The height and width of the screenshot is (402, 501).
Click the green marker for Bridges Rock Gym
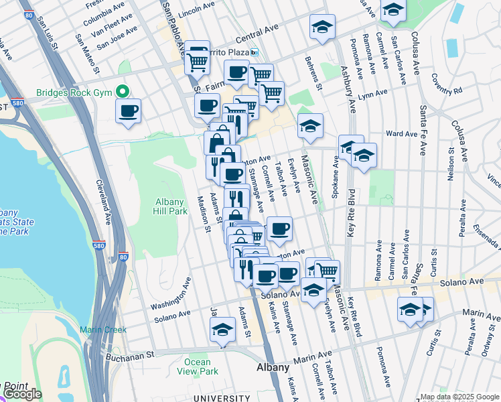[123, 92]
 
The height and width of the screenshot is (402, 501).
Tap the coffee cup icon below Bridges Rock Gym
[129, 111]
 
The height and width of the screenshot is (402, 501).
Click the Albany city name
[273, 368]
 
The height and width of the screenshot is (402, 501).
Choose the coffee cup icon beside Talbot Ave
[279, 229]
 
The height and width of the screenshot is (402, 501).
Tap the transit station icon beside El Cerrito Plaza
[255, 52]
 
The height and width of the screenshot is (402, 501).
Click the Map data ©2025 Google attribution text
[459, 397]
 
